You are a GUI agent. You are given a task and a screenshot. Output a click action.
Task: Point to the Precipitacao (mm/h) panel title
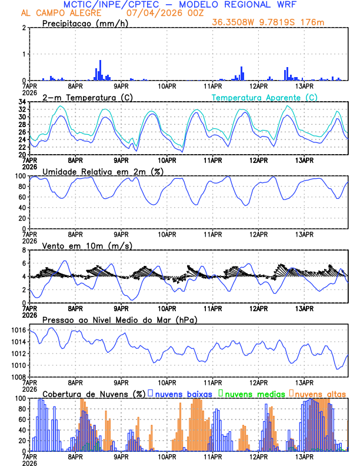[x=86, y=24]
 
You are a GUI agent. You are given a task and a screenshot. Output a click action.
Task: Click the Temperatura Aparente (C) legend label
[x=265, y=97]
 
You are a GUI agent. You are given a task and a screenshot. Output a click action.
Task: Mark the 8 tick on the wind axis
[x=24, y=250]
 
